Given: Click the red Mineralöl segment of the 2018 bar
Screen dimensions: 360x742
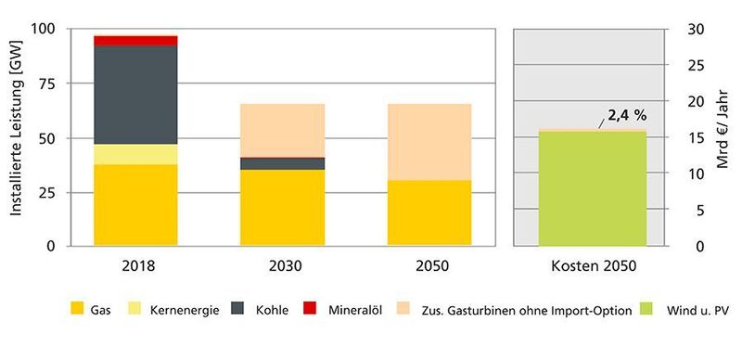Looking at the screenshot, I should (x=135, y=40).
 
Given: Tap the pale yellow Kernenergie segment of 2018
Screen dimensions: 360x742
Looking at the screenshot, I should (x=135, y=154).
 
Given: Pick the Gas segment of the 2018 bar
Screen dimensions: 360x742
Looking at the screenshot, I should (x=135, y=205).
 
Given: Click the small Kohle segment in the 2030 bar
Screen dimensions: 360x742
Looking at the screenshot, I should (x=282, y=163).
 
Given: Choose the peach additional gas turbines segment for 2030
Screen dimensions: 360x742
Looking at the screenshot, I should (x=282, y=130).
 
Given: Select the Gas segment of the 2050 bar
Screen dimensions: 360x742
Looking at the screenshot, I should (x=429, y=212).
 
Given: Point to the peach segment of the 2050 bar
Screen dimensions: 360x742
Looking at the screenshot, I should (x=429, y=141).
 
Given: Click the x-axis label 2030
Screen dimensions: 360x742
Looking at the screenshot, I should (x=282, y=265).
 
